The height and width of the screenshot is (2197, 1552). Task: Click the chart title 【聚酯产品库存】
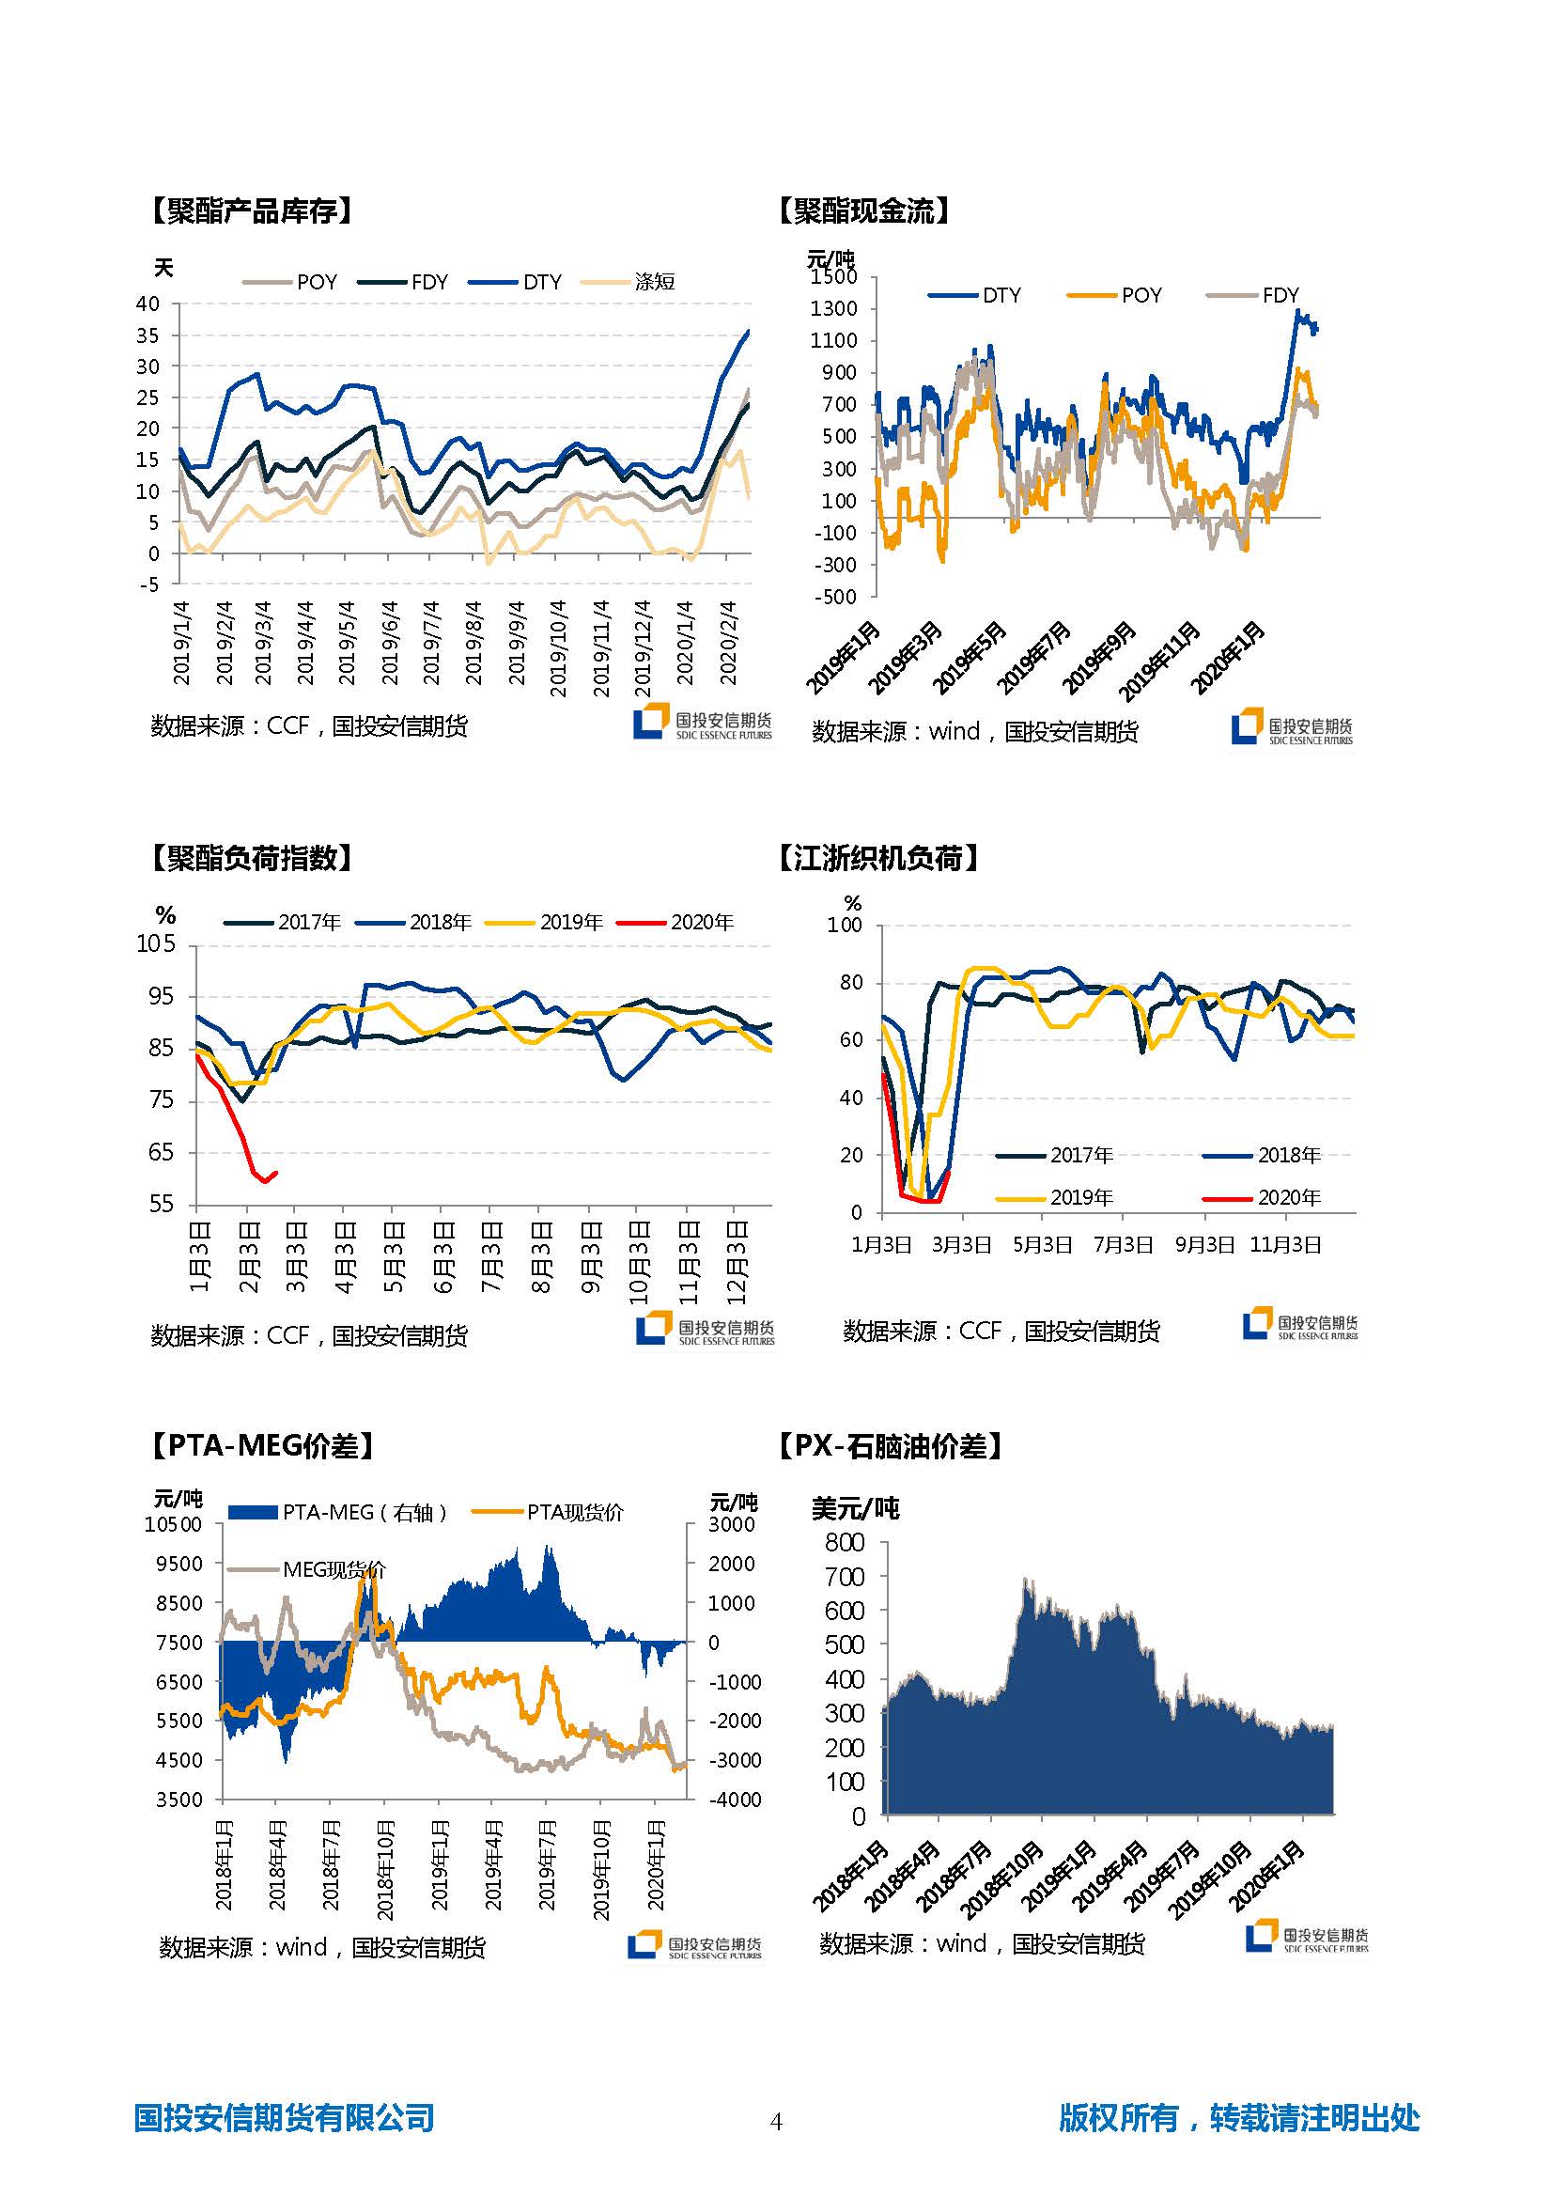click(x=252, y=210)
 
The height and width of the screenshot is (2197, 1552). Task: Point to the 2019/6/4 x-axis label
click(x=390, y=643)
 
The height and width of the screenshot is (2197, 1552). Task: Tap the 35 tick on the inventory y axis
click(x=147, y=335)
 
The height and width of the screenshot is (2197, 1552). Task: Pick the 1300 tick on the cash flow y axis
click(x=833, y=309)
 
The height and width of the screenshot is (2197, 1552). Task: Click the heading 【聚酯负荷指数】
click(x=252, y=858)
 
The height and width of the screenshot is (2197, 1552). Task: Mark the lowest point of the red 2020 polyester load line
click(x=265, y=1182)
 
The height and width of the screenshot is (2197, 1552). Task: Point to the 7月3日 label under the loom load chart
click(x=1123, y=1245)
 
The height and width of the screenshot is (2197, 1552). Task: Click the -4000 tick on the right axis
click(x=735, y=1800)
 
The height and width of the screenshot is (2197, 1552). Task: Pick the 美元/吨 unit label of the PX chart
click(x=855, y=1509)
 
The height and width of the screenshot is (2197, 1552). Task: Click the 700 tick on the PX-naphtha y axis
click(x=844, y=1577)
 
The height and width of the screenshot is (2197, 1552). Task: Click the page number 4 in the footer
click(x=776, y=2123)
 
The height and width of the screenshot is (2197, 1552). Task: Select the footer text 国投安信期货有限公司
click(x=284, y=2118)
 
